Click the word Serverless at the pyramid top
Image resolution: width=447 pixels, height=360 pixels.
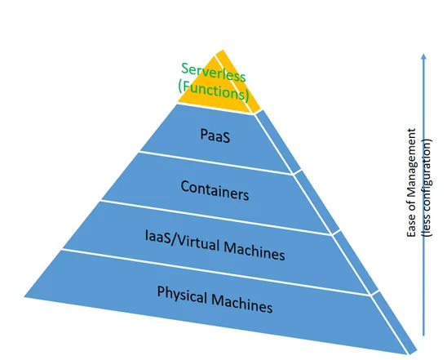[213, 73]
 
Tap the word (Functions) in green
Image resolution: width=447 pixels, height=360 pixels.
[214, 91]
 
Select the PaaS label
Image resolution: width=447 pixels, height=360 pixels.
[215, 136]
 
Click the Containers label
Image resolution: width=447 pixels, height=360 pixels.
[215, 190]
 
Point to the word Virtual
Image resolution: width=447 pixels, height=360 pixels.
[197, 243]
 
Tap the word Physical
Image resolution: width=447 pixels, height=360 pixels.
[182, 296]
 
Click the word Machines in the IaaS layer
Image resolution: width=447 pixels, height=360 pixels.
[254, 251]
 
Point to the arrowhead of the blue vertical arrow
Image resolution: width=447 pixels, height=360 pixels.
[423, 56]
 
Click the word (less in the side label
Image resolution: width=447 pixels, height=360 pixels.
[427, 224]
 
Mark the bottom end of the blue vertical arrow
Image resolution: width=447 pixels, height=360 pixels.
[423, 336]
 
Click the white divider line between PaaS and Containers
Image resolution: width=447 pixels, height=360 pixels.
[216, 163]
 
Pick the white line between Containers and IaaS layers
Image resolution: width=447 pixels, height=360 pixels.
[216, 217]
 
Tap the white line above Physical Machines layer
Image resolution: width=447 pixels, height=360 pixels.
[216, 272]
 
